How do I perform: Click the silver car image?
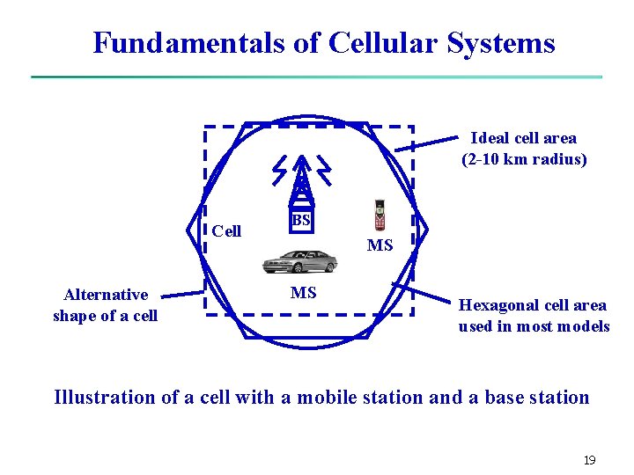click(x=300, y=261)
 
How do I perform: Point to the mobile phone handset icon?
click(x=380, y=217)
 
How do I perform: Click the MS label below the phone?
click(x=380, y=245)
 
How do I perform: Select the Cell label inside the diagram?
click(x=227, y=231)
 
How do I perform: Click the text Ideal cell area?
click(x=524, y=138)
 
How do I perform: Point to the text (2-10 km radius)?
click(x=524, y=159)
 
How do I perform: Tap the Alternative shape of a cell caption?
click(x=106, y=305)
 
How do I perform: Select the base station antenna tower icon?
click(x=301, y=179)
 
